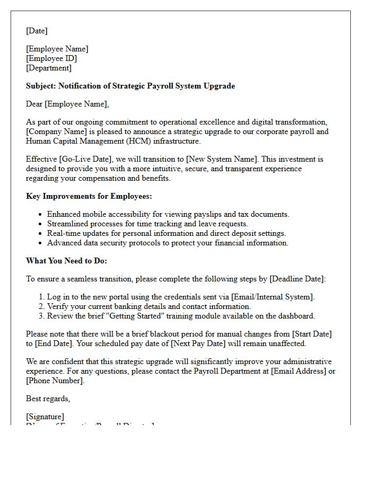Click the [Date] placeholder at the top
click(x=37, y=31)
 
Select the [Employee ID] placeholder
click(x=51, y=58)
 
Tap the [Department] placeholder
click(x=49, y=68)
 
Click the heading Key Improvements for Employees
click(x=89, y=196)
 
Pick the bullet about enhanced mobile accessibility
click(x=168, y=214)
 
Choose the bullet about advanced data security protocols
click(x=167, y=243)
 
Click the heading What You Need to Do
click(x=67, y=261)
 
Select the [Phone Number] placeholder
click(x=54, y=381)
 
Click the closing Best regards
click(x=48, y=399)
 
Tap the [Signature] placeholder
click(x=45, y=417)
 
